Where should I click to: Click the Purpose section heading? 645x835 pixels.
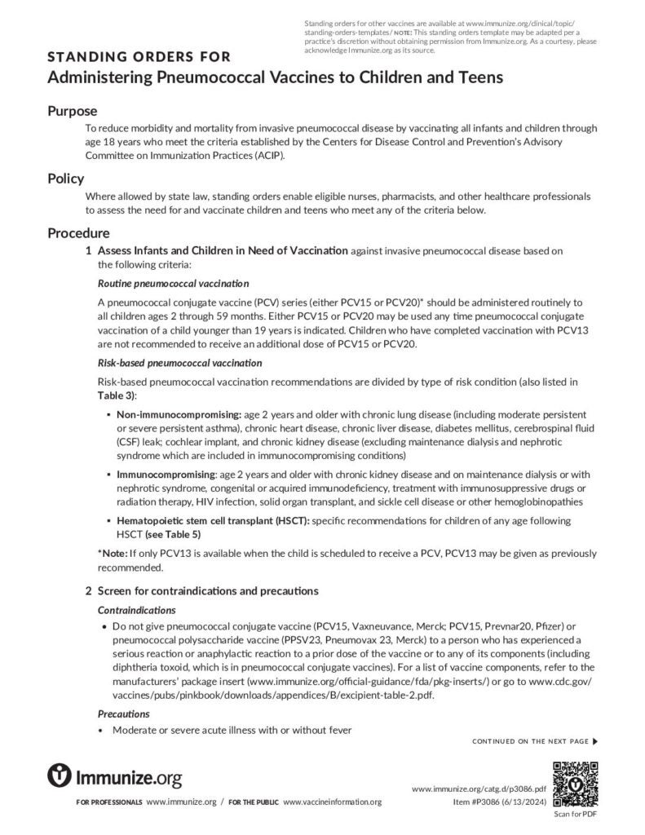(72, 111)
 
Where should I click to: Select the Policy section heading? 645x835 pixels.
(65, 179)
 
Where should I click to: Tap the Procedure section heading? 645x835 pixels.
(78, 233)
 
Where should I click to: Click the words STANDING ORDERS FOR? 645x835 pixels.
(139, 57)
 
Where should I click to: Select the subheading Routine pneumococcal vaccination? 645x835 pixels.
(173, 284)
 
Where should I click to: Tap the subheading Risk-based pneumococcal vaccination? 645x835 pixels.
(179, 362)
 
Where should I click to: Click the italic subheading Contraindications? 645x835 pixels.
(136, 610)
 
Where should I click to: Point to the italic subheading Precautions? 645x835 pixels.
(123, 714)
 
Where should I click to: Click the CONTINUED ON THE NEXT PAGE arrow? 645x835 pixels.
(594, 741)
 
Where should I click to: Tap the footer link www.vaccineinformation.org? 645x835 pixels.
(332, 802)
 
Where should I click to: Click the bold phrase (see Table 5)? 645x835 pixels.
(172, 534)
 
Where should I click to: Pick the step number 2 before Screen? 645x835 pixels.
(88, 590)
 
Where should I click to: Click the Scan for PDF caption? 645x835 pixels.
(575, 814)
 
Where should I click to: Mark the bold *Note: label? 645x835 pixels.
(113, 554)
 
